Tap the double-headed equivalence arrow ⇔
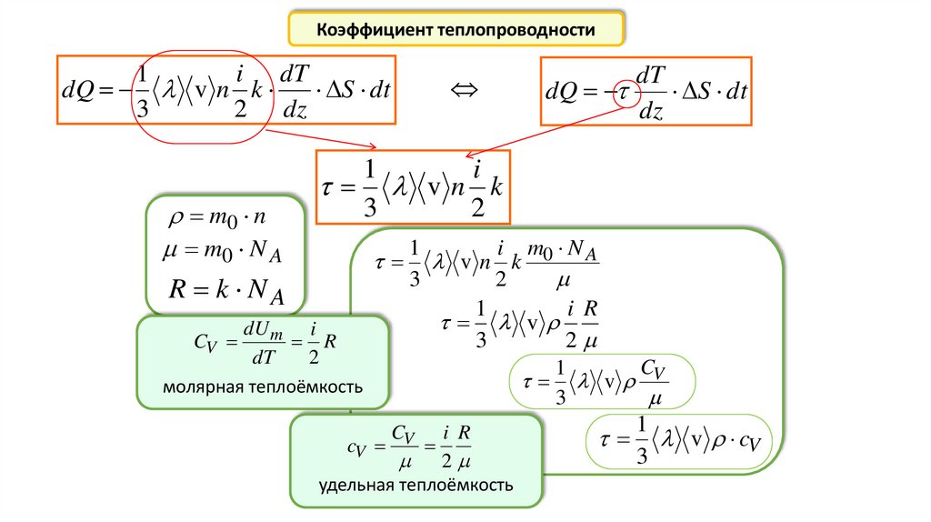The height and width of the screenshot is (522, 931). (465, 89)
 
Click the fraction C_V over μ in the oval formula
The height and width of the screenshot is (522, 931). (649, 383)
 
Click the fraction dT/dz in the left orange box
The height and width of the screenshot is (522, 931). (297, 89)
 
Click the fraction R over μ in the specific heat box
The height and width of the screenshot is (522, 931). (463, 447)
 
